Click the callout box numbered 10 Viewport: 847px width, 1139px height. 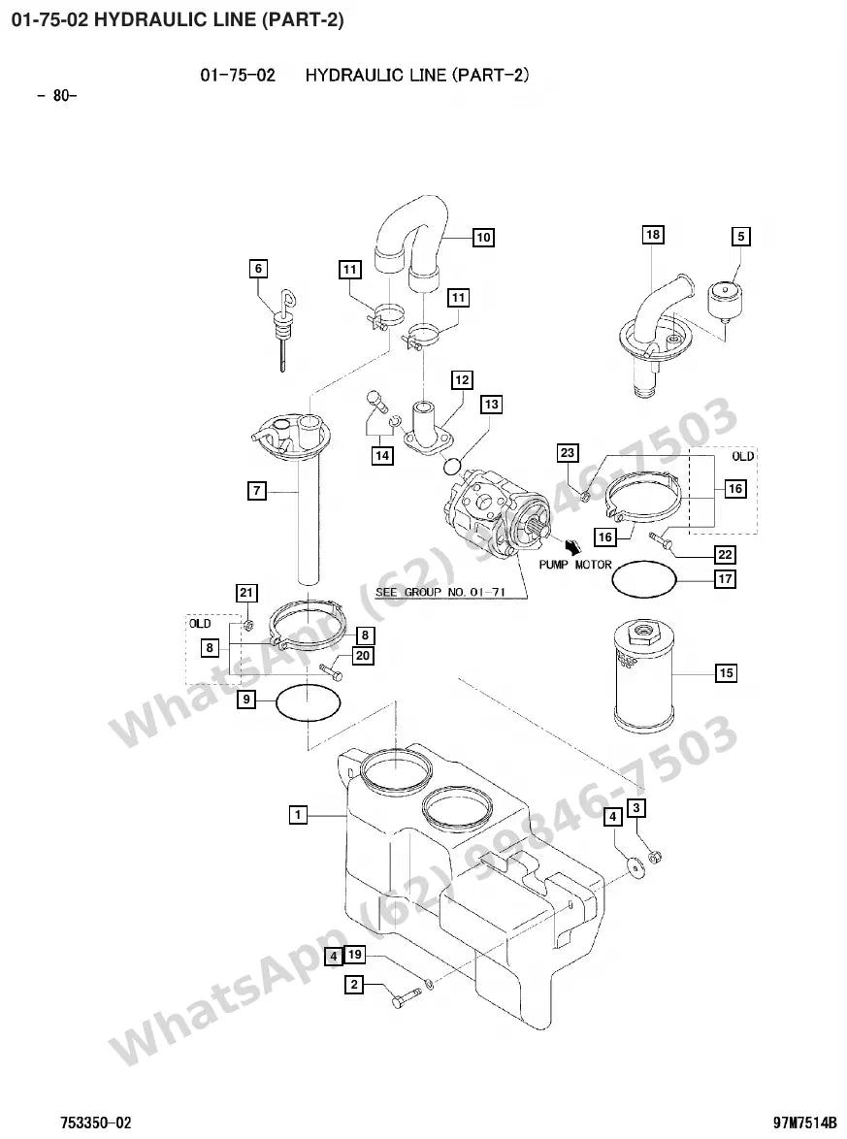tap(483, 238)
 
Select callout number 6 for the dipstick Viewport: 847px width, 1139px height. tap(258, 269)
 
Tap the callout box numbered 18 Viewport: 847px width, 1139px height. tap(653, 235)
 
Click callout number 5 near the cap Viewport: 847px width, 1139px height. tap(740, 237)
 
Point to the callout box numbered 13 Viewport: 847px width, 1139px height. tap(491, 405)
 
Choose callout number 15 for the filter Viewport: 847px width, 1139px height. tap(726, 673)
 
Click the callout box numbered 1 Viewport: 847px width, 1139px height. tap(297, 815)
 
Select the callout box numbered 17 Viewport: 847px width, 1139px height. tap(725, 579)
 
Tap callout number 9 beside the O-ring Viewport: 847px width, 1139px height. tap(247, 700)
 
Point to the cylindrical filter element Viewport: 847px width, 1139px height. tap(642, 675)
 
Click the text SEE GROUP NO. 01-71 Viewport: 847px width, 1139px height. tap(440, 592)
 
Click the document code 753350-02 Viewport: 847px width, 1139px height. tap(96, 1123)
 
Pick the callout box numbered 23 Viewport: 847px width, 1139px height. tap(568, 453)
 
